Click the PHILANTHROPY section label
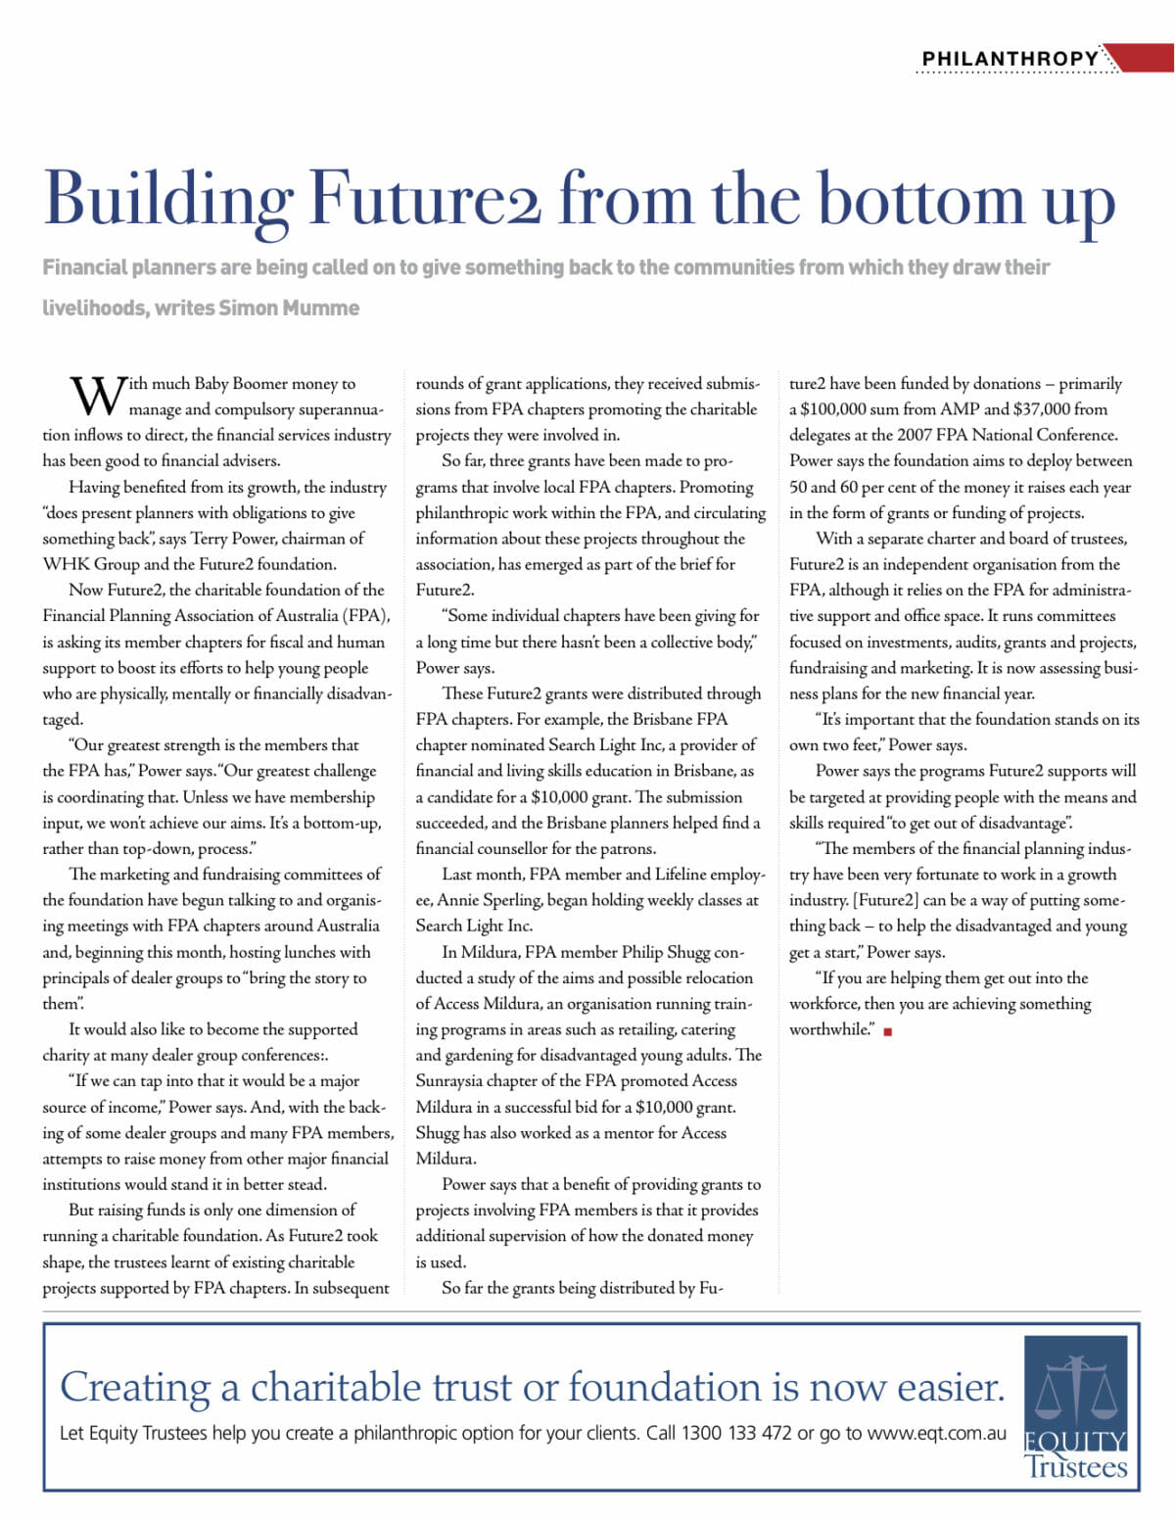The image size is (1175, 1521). pyautogui.click(x=1010, y=59)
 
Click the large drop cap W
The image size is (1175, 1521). pyautogui.click(x=97, y=396)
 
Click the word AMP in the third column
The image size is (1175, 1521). pyautogui.click(x=960, y=409)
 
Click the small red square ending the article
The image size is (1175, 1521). pyautogui.click(x=887, y=1031)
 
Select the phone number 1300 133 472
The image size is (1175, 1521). pyautogui.click(x=736, y=1433)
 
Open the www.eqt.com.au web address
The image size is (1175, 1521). pyautogui.click(x=936, y=1433)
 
